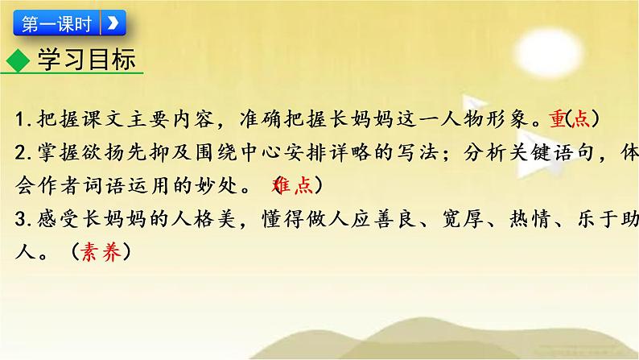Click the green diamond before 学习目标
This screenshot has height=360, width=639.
pyautogui.click(x=19, y=60)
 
